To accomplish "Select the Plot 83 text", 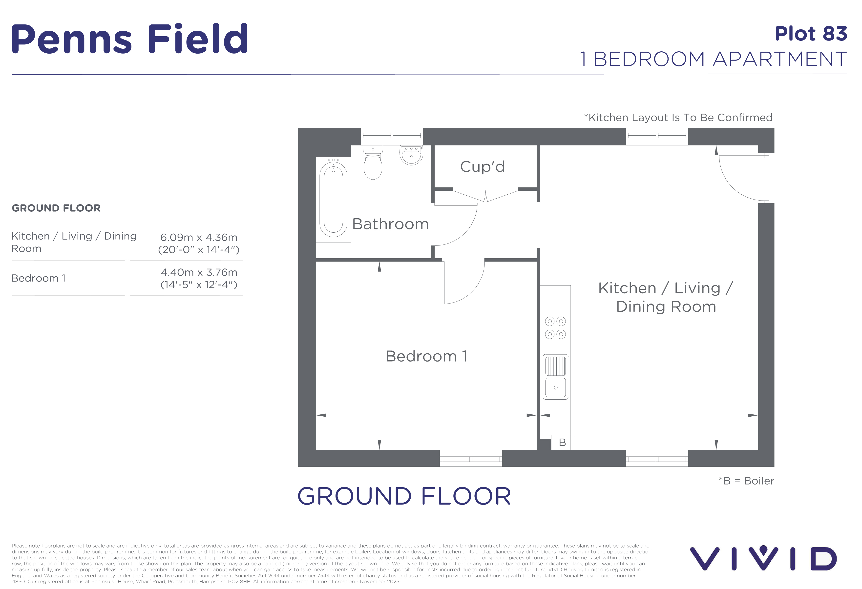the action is click(811, 34).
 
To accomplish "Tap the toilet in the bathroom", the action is click(373, 162).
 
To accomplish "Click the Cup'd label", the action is click(482, 167).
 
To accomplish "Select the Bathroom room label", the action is click(390, 224).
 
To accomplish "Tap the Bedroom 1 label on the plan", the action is click(426, 356).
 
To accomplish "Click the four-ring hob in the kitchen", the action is click(555, 328).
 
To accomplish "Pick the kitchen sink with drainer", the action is click(555, 377).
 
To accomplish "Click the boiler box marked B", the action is click(562, 442).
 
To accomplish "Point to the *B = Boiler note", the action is click(746, 481).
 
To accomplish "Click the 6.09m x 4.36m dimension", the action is click(199, 237).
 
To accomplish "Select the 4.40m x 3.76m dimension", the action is click(199, 272).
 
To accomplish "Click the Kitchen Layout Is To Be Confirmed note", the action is click(678, 118).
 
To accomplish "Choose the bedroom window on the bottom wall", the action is click(471, 458).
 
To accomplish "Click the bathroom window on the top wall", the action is click(392, 136).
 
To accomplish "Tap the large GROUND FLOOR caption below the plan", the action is click(404, 496).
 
